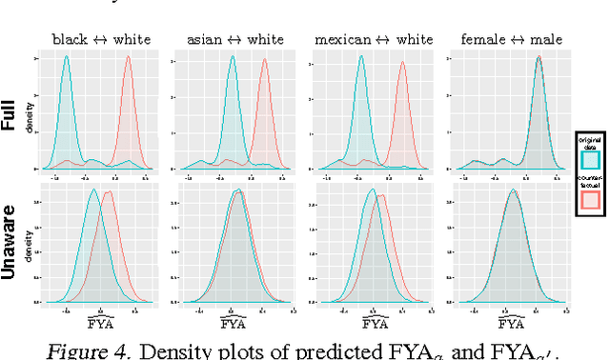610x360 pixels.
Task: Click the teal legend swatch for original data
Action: click(x=589, y=160)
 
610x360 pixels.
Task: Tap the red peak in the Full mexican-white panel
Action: click(x=401, y=65)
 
